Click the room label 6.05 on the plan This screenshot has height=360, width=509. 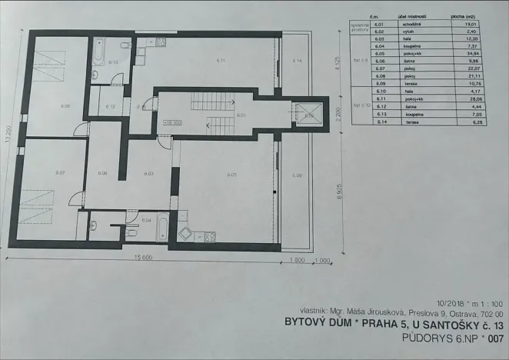point(230,175)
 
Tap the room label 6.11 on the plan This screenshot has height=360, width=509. point(221,60)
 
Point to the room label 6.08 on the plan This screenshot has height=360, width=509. point(45,106)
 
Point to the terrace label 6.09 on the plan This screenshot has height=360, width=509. point(298,175)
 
